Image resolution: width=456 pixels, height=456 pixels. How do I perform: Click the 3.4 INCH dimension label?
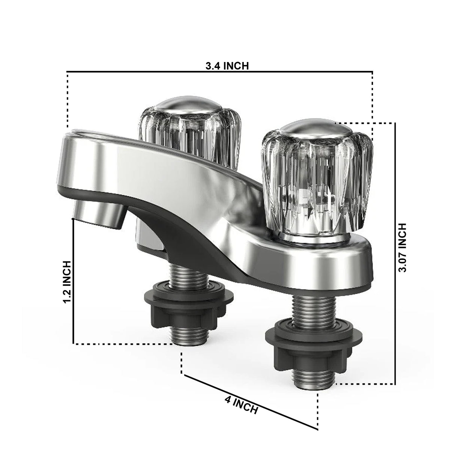tap(227, 66)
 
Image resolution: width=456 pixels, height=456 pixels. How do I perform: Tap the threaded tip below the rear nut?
tap(183, 334)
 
